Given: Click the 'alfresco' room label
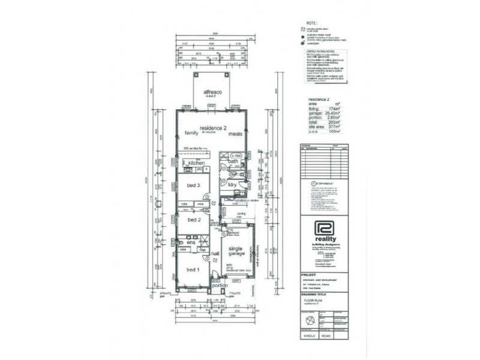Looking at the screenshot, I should (x=212, y=91).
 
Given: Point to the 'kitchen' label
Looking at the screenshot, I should (x=197, y=163).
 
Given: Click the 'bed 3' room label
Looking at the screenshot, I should (x=193, y=185).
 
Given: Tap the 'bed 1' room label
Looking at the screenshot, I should (x=193, y=269).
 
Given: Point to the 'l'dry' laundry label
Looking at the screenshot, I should (x=233, y=185).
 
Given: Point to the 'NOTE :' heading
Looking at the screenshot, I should (x=311, y=23).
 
